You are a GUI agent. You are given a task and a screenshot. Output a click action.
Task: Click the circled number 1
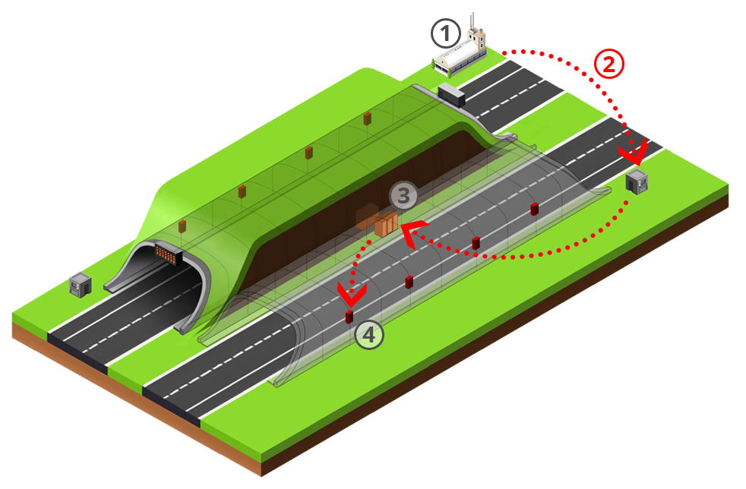coord(446,33)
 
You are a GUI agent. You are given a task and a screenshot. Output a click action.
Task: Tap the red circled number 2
coord(609,64)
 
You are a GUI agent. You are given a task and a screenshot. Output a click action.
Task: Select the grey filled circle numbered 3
coord(403,195)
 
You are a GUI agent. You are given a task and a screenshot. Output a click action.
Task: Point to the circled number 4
coord(369,334)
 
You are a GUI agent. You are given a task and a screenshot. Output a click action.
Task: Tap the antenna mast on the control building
coord(473,21)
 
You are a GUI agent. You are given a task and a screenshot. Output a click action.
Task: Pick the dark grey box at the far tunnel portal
coord(451,95)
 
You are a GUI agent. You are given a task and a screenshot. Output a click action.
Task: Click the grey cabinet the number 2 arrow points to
coord(637,181)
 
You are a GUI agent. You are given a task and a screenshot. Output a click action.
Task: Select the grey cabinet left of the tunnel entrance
coord(80,285)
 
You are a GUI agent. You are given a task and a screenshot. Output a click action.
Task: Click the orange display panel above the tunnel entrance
coord(167,254)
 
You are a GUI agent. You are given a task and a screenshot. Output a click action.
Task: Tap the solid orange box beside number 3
coord(386,224)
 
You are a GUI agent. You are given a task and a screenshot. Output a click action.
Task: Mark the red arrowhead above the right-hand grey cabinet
coord(634,152)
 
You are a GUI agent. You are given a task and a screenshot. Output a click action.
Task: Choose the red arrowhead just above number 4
coord(352,295)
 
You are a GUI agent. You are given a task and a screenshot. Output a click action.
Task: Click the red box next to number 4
coord(349,317)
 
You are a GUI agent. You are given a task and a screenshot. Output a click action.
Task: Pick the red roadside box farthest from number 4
coord(534,209)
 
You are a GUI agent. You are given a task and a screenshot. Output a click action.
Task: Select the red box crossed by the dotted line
coord(476,243)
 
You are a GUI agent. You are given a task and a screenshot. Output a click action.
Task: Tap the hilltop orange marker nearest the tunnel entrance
coord(182,226)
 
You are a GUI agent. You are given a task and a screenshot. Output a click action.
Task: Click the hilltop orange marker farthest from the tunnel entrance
coord(367,118)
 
